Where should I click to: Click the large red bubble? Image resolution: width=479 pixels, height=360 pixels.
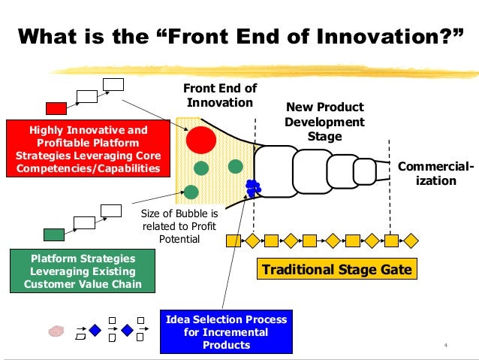[201, 139]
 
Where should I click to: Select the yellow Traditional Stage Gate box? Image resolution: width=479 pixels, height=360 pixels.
[337, 268]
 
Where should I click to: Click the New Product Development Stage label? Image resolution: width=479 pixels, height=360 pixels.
[324, 122]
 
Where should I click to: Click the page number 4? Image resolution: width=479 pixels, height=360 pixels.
[445, 346]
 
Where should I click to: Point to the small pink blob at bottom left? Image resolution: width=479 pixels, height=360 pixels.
[56, 330]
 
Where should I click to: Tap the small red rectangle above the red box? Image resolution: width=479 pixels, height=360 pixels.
[56, 107]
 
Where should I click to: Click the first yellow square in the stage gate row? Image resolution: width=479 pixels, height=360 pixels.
[233, 241]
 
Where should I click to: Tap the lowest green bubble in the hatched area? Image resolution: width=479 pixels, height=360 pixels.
[191, 192]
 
